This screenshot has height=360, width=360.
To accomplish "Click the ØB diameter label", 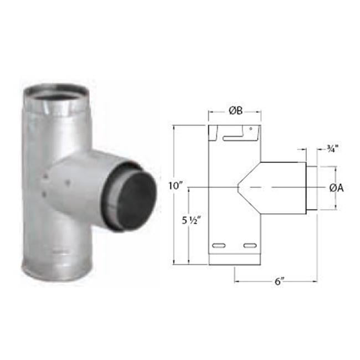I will click(234, 111).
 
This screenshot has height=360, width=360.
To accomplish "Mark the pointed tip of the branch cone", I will click(239, 188).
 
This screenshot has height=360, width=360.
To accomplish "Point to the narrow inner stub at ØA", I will click(311, 188).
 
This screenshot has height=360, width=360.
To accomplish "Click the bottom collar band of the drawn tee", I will click(234, 262).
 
